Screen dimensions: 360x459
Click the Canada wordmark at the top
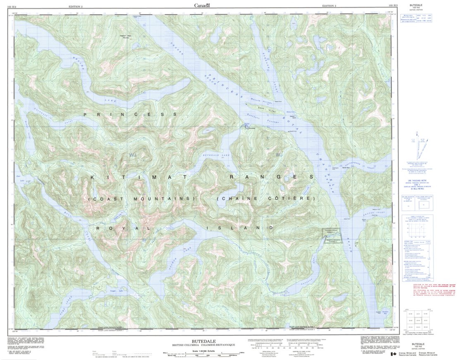(x=202, y=5)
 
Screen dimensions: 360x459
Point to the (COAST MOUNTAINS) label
(x=141, y=199)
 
